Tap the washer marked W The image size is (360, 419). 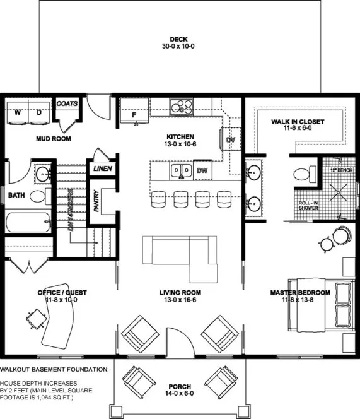(18, 113)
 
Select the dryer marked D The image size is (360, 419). (38, 113)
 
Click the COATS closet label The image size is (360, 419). (67, 104)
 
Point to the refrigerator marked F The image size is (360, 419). (134, 114)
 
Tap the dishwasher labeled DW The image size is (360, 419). (202, 170)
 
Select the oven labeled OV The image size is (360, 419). (230, 139)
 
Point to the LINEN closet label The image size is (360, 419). (102, 169)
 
